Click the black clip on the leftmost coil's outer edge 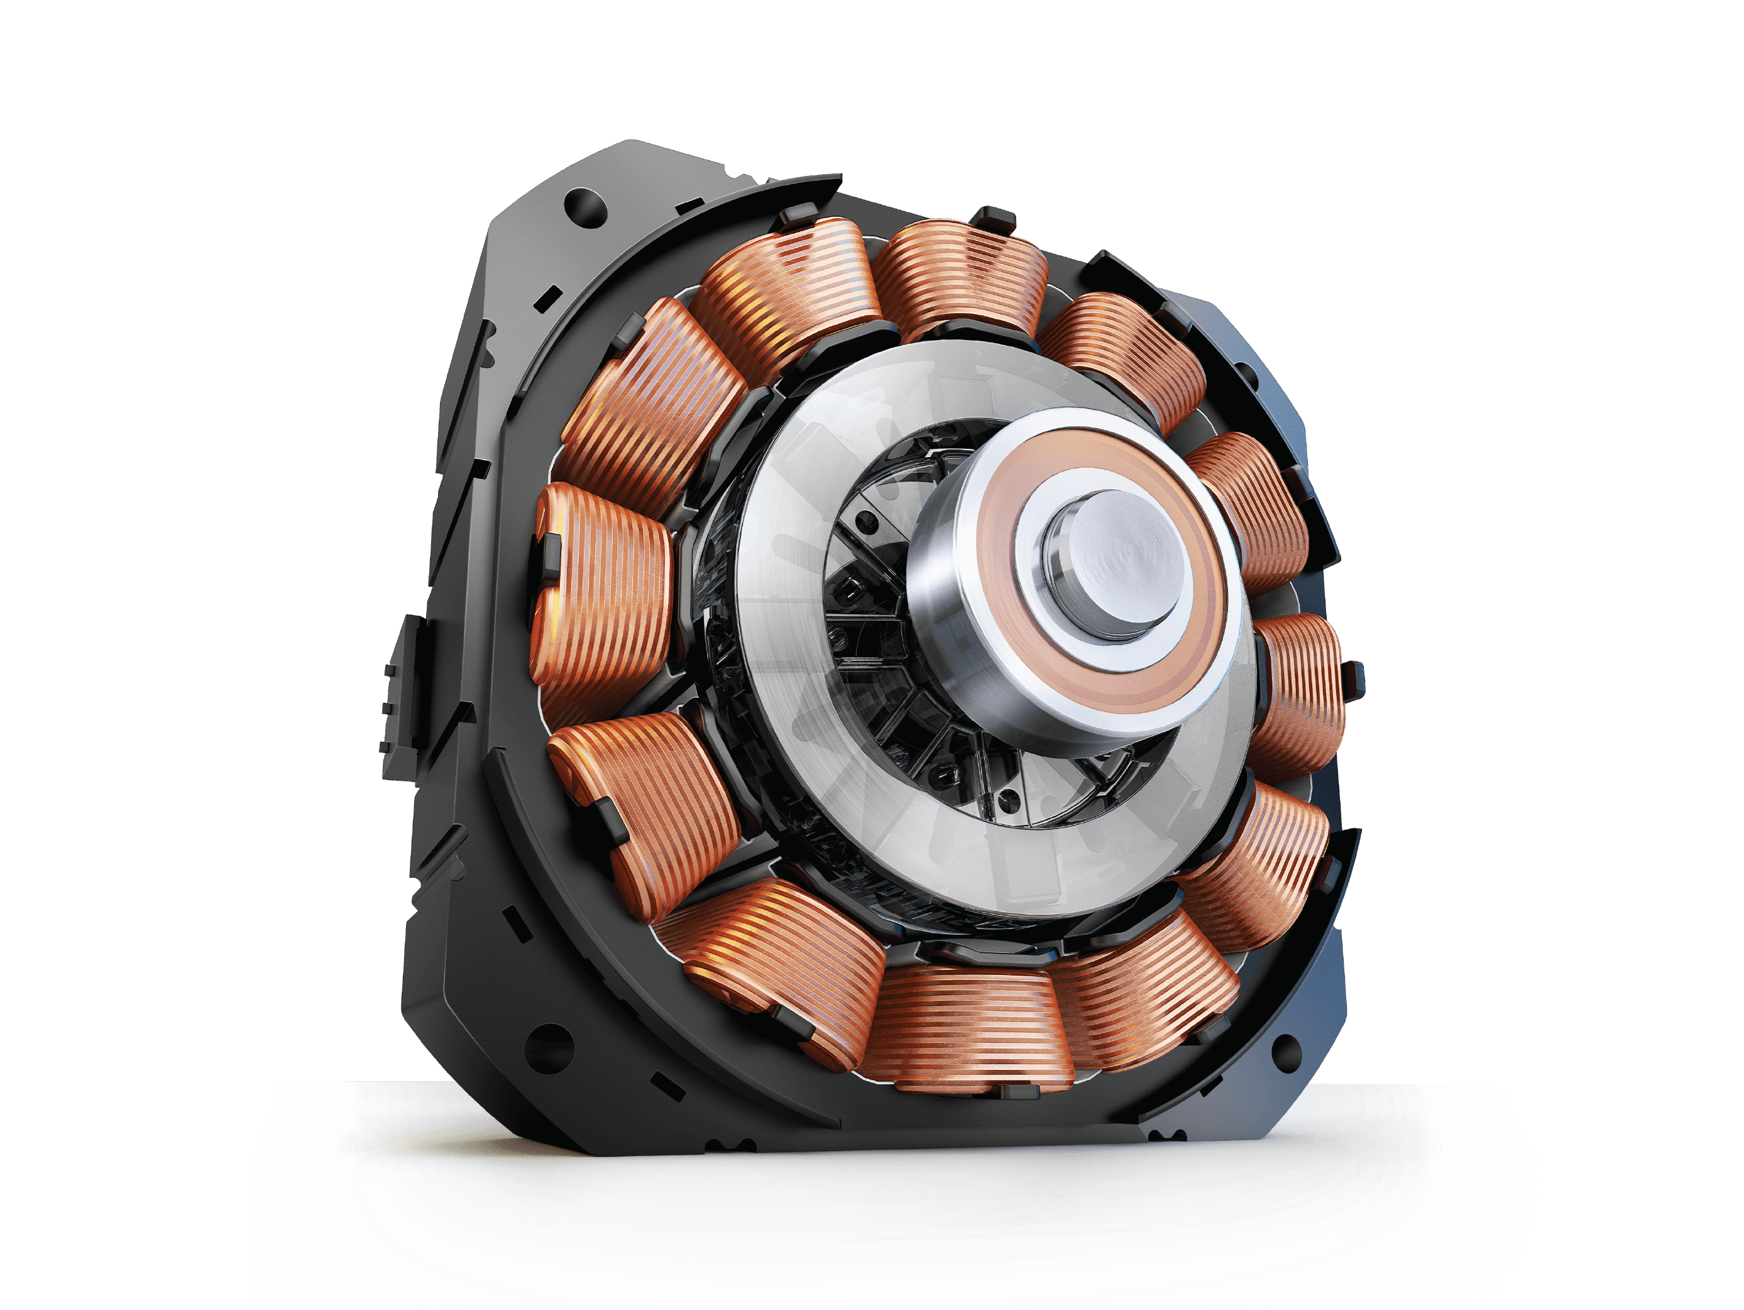tap(549, 556)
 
